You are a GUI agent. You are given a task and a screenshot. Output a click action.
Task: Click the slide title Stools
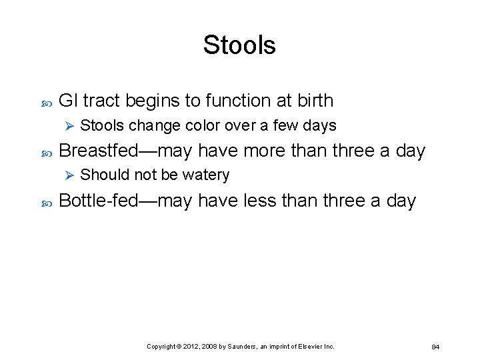point(239,45)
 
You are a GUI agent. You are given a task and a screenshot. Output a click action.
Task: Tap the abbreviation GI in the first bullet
point(69,101)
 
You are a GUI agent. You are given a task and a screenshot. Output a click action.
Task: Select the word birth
point(312,101)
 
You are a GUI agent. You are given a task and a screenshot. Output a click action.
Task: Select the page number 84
point(435,347)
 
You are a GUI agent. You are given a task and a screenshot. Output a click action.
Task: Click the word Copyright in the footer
point(162,347)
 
